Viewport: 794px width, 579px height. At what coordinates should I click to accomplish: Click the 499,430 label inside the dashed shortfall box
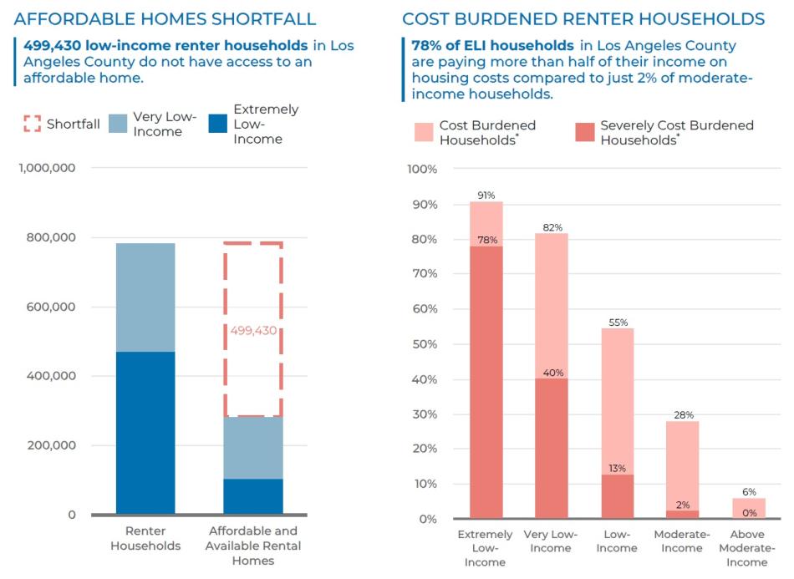253,331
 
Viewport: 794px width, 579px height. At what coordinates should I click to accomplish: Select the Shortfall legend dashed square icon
32,124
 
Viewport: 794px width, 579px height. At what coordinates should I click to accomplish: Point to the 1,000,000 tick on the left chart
47,168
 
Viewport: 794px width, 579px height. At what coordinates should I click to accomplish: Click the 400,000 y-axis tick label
51,376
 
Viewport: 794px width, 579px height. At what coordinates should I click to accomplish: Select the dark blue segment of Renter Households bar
145,433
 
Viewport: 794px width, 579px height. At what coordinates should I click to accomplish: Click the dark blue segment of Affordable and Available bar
253,496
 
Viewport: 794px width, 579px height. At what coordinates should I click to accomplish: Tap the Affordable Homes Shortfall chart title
165,18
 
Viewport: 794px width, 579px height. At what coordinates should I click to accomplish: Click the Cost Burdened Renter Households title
583,18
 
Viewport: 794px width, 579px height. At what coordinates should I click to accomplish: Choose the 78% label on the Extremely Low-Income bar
486,241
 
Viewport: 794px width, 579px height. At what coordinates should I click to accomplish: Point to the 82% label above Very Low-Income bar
552,227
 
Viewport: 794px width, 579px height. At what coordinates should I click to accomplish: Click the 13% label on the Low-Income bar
618,469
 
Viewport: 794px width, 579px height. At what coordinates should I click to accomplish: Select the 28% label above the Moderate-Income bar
684,415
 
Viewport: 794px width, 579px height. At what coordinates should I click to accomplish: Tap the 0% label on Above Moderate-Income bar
750,513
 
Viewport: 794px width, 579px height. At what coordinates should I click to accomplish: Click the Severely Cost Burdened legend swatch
584,131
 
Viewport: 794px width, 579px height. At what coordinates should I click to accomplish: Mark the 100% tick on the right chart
422,170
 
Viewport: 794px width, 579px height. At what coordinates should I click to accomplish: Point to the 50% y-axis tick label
425,344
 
